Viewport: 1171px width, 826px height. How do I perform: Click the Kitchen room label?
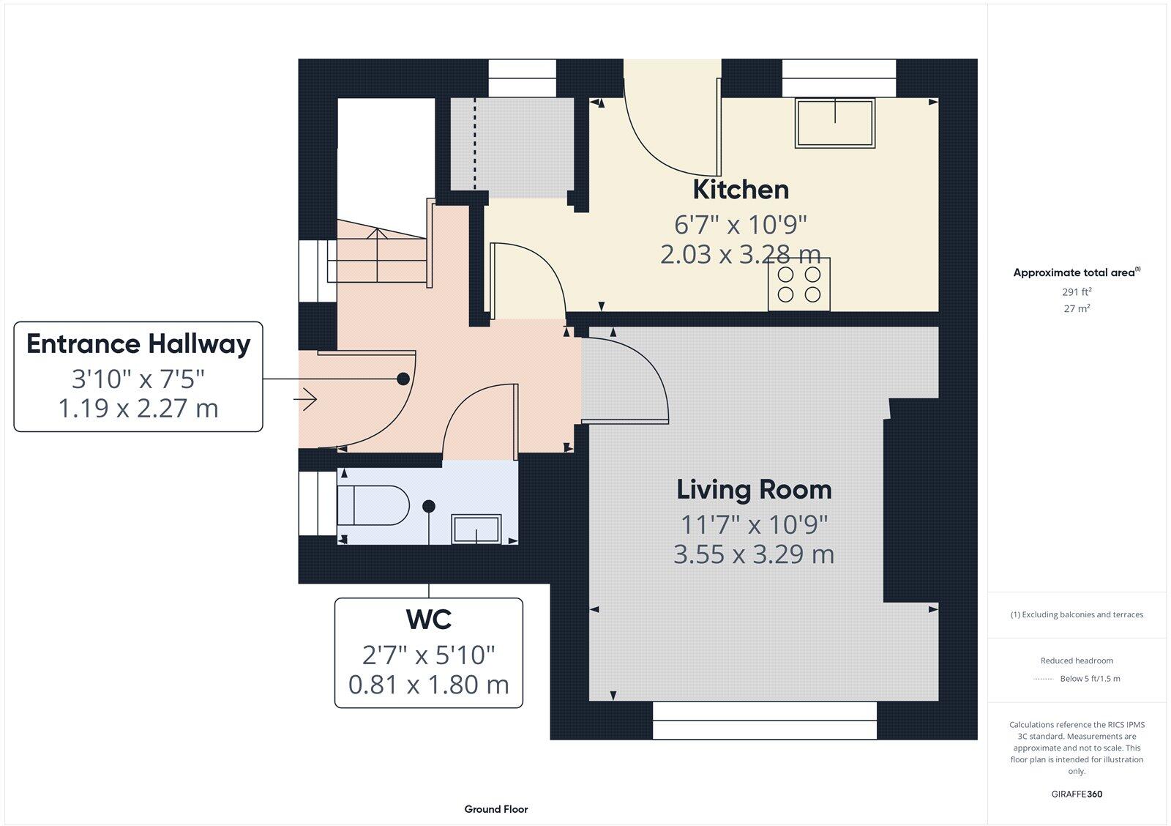point(741,190)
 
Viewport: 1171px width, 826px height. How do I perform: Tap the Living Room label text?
point(754,489)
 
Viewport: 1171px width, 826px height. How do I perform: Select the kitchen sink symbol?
point(836,123)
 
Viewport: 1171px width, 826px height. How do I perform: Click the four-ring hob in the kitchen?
point(798,284)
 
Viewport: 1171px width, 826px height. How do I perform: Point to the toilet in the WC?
point(373,505)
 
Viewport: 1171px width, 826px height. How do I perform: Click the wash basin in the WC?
point(476,529)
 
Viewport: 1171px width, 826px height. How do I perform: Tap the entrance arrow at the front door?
point(305,400)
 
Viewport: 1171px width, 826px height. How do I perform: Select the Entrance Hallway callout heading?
point(138,343)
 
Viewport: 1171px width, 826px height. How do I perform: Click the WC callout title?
point(429,619)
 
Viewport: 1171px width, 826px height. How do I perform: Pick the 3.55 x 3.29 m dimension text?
point(754,554)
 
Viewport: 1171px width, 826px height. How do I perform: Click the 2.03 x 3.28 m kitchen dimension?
point(740,254)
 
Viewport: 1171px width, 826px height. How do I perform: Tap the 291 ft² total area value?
point(1077,291)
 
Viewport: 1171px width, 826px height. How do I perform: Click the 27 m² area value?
point(1077,309)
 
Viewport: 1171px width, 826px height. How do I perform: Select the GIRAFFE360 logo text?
point(1077,794)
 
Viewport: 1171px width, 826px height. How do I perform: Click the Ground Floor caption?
point(495,809)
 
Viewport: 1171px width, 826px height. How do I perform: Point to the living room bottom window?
point(764,721)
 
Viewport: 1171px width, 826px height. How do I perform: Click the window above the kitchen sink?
point(839,78)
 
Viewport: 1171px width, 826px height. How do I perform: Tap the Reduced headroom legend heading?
point(1077,661)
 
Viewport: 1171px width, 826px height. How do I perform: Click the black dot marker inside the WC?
point(429,506)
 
